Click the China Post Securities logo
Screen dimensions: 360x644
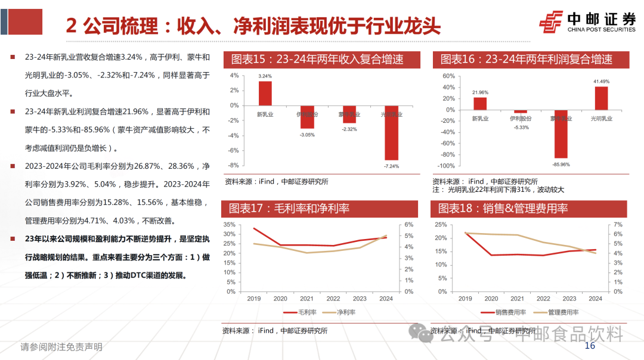coord(587,23)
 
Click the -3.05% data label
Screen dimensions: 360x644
coord(307,134)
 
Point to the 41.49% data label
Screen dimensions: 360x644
coord(601,81)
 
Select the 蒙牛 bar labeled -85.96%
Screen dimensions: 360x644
coord(561,134)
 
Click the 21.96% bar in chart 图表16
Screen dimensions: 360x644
coord(480,103)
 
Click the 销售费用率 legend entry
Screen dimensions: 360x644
coord(505,312)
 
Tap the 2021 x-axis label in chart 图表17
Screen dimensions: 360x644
coord(306,299)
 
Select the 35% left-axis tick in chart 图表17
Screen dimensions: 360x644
coord(228,224)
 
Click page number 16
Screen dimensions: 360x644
coord(590,346)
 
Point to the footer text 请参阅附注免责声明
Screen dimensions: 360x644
coord(61,347)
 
